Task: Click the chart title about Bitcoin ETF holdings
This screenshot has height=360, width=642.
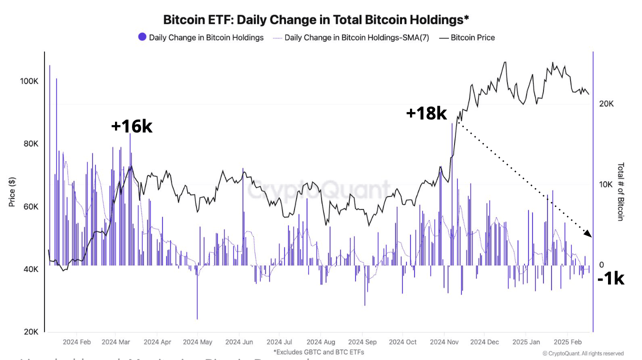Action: (x=316, y=19)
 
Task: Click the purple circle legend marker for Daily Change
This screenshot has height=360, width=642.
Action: (x=142, y=37)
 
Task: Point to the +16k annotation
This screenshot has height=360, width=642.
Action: (x=131, y=126)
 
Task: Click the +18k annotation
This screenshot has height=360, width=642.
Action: (x=426, y=113)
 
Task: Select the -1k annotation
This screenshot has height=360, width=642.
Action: (x=611, y=278)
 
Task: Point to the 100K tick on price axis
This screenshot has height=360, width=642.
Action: (x=29, y=81)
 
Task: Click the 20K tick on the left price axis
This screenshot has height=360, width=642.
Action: (x=29, y=332)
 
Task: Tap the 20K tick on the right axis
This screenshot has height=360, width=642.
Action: (x=606, y=104)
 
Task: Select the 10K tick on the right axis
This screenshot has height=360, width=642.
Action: (x=606, y=184)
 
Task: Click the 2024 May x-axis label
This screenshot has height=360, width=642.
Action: (x=197, y=342)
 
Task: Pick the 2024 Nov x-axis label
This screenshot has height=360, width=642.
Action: (x=444, y=342)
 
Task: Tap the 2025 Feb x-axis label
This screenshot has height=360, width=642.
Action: (x=567, y=342)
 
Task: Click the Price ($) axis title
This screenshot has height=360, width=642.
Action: (x=11, y=191)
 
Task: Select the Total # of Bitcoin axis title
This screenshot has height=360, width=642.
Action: (x=620, y=191)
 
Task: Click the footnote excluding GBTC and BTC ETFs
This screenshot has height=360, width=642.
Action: (x=318, y=352)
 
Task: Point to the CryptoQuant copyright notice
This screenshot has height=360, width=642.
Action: (x=583, y=353)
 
